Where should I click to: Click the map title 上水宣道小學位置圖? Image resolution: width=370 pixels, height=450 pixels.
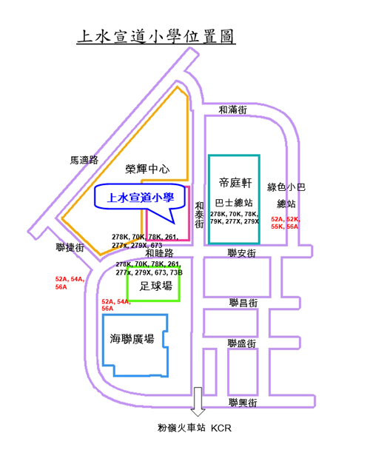click(156, 36)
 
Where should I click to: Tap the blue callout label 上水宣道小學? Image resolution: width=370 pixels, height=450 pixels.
click(141, 198)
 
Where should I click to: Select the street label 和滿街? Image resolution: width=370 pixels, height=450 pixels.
click(232, 110)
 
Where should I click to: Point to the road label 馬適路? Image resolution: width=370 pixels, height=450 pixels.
click(84, 160)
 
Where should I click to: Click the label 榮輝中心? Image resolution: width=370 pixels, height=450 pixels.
click(147, 169)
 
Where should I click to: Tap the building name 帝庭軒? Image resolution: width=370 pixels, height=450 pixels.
click(235, 183)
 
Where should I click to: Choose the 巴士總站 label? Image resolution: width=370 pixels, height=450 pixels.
click(234, 203)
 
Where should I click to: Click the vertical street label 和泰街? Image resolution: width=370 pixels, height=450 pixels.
click(199, 215)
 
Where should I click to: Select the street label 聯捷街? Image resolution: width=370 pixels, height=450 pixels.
click(70, 247)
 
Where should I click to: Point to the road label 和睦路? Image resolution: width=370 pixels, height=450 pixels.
click(159, 253)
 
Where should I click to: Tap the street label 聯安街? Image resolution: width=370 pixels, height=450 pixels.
click(242, 253)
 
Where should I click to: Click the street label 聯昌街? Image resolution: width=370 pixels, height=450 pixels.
click(243, 303)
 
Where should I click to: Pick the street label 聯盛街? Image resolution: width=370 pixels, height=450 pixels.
click(242, 343)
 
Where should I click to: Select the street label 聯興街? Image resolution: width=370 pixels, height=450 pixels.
click(243, 403)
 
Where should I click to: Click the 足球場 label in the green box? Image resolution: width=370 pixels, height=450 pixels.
click(156, 286)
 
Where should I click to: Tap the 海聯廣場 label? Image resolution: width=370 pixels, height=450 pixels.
click(132, 339)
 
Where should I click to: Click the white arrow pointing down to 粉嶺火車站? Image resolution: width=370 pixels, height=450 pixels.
click(198, 402)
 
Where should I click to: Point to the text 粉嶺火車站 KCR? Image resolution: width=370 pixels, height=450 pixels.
click(195, 428)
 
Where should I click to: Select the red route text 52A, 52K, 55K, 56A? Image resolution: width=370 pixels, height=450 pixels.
click(286, 223)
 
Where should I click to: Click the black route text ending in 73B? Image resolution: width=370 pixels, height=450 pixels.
click(149, 268)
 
